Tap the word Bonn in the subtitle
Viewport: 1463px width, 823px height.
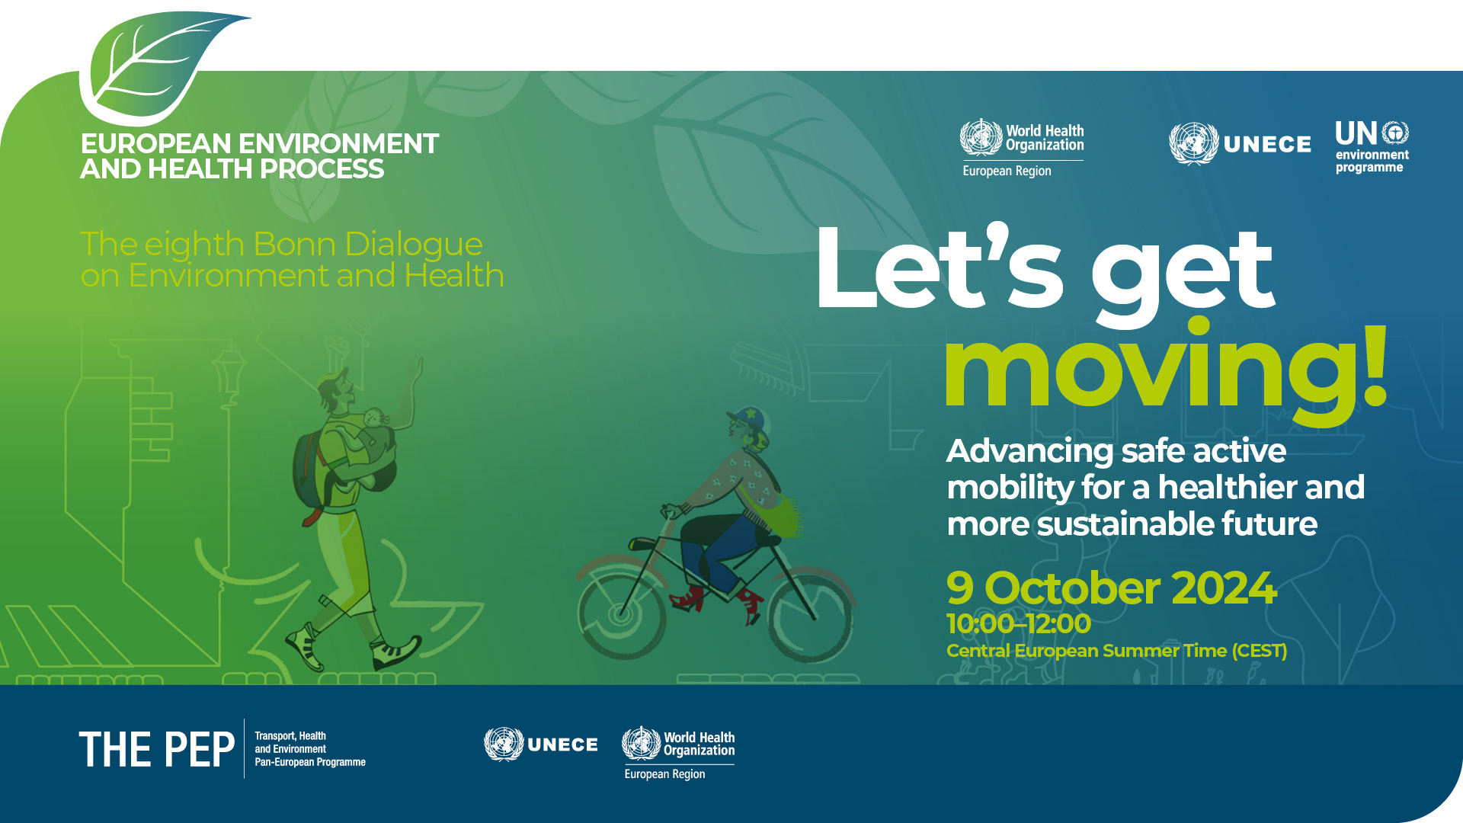click(x=294, y=244)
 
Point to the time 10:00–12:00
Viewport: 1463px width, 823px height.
click(x=1019, y=624)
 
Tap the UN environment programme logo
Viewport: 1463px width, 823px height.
click(x=1372, y=147)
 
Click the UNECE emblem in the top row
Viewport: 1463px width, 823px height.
click(x=1193, y=143)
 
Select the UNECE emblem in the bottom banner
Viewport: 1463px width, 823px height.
click(x=504, y=744)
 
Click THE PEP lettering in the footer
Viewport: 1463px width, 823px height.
click(x=156, y=749)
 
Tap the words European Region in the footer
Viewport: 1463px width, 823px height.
click(x=664, y=774)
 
